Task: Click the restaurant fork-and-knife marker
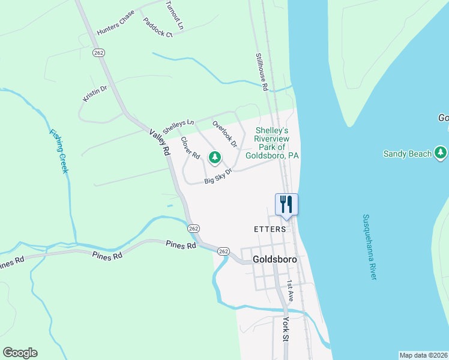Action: [286, 204]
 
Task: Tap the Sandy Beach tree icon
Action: [441, 153]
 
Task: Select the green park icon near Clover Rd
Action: [214, 157]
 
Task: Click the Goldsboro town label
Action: [276, 260]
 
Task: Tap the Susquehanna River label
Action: [369, 247]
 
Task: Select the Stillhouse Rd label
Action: [262, 71]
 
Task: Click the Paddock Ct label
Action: [157, 27]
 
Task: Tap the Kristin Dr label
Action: [95, 94]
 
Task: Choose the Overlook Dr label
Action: [225, 134]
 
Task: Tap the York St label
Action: [286, 329]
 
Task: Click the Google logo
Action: [20, 353]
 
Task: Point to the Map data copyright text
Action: [423, 355]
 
